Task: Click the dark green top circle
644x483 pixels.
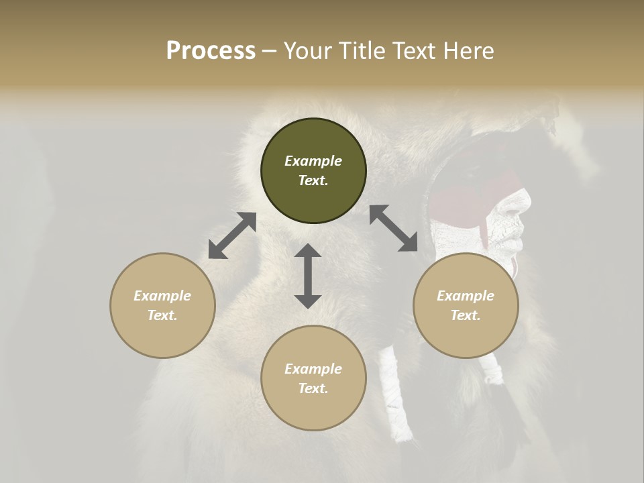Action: click(313, 171)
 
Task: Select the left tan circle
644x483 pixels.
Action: click(162, 305)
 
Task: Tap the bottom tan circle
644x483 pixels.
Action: click(313, 378)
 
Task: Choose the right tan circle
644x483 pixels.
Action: click(466, 305)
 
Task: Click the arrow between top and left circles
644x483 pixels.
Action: click(232, 235)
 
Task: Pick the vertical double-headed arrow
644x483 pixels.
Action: click(308, 276)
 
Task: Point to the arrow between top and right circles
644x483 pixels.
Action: click(393, 229)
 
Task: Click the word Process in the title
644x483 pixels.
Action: click(211, 51)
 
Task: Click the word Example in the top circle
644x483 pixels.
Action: click(313, 161)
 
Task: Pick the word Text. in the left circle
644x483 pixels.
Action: click(162, 315)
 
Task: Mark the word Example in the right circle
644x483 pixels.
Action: click(466, 296)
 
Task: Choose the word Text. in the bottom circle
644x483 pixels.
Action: click(313, 388)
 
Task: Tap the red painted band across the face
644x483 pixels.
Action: click(470, 195)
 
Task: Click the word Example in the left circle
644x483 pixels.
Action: click(162, 296)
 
